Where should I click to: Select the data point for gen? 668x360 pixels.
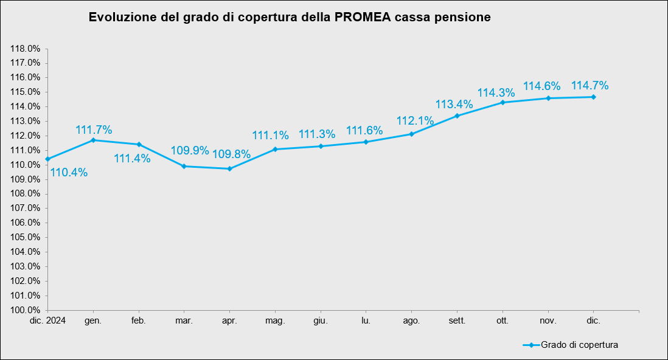(93, 140)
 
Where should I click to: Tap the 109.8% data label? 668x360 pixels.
(231, 154)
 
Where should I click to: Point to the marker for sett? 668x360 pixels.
(457, 116)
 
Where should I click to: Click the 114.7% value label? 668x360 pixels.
(590, 86)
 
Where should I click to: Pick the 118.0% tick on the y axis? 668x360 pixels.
(26, 49)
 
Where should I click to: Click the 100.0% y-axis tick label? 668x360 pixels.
(26, 310)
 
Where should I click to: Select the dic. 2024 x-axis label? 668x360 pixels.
(47, 320)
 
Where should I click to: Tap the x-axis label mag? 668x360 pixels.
(275, 320)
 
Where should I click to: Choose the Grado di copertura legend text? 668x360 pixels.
(579, 345)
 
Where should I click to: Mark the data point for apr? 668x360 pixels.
(229, 168)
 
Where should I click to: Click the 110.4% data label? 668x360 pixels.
(69, 173)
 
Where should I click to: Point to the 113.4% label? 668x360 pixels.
(454, 103)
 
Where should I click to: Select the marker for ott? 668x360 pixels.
(503, 102)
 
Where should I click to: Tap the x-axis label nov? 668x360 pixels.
(548, 320)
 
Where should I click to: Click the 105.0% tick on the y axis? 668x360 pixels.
(26, 237)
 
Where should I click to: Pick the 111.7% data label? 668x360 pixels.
(94, 130)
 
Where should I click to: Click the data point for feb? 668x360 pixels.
(139, 144)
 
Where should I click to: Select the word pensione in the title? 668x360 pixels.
(462, 17)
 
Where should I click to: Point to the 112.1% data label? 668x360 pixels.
(415, 120)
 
